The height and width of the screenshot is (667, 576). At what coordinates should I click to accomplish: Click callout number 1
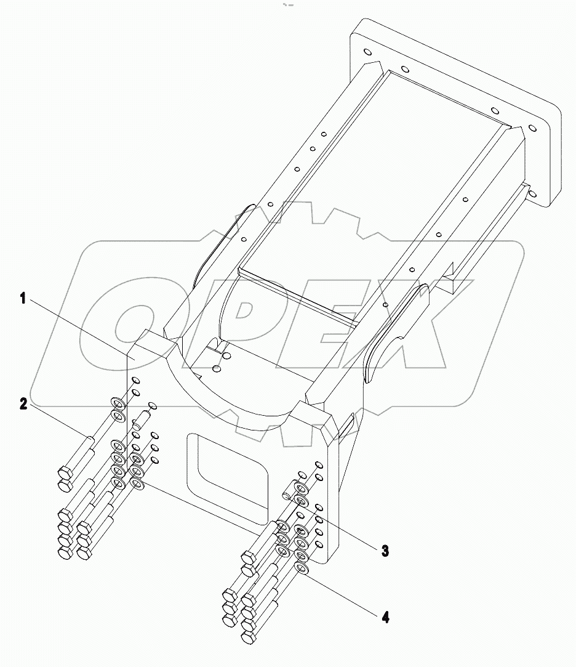(22, 299)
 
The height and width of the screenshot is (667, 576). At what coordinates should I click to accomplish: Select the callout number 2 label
(22, 405)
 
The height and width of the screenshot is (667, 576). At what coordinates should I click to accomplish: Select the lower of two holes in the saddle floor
(216, 368)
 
